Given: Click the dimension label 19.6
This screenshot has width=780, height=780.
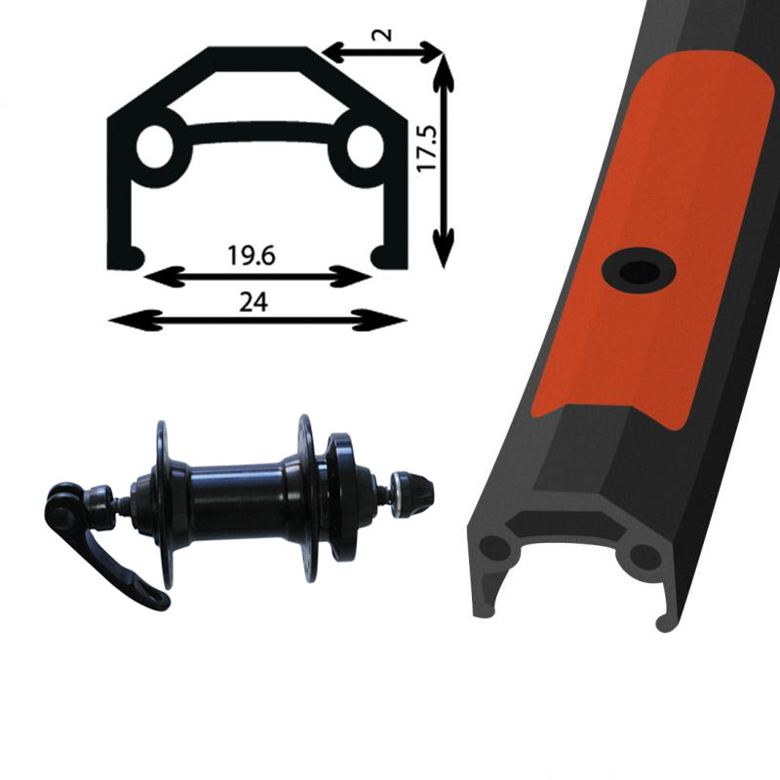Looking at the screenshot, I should [x=253, y=256].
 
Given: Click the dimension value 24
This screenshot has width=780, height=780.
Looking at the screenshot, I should [x=253, y=301].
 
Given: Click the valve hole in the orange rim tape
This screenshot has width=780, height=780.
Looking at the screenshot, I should [x=635, y=268].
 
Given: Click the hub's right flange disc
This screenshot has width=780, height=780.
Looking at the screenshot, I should [x=306, y=497].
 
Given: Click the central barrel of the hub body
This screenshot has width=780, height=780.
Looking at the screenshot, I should [x=234, y=502].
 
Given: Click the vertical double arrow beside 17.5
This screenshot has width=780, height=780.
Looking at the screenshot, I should [x=445, y=161].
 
